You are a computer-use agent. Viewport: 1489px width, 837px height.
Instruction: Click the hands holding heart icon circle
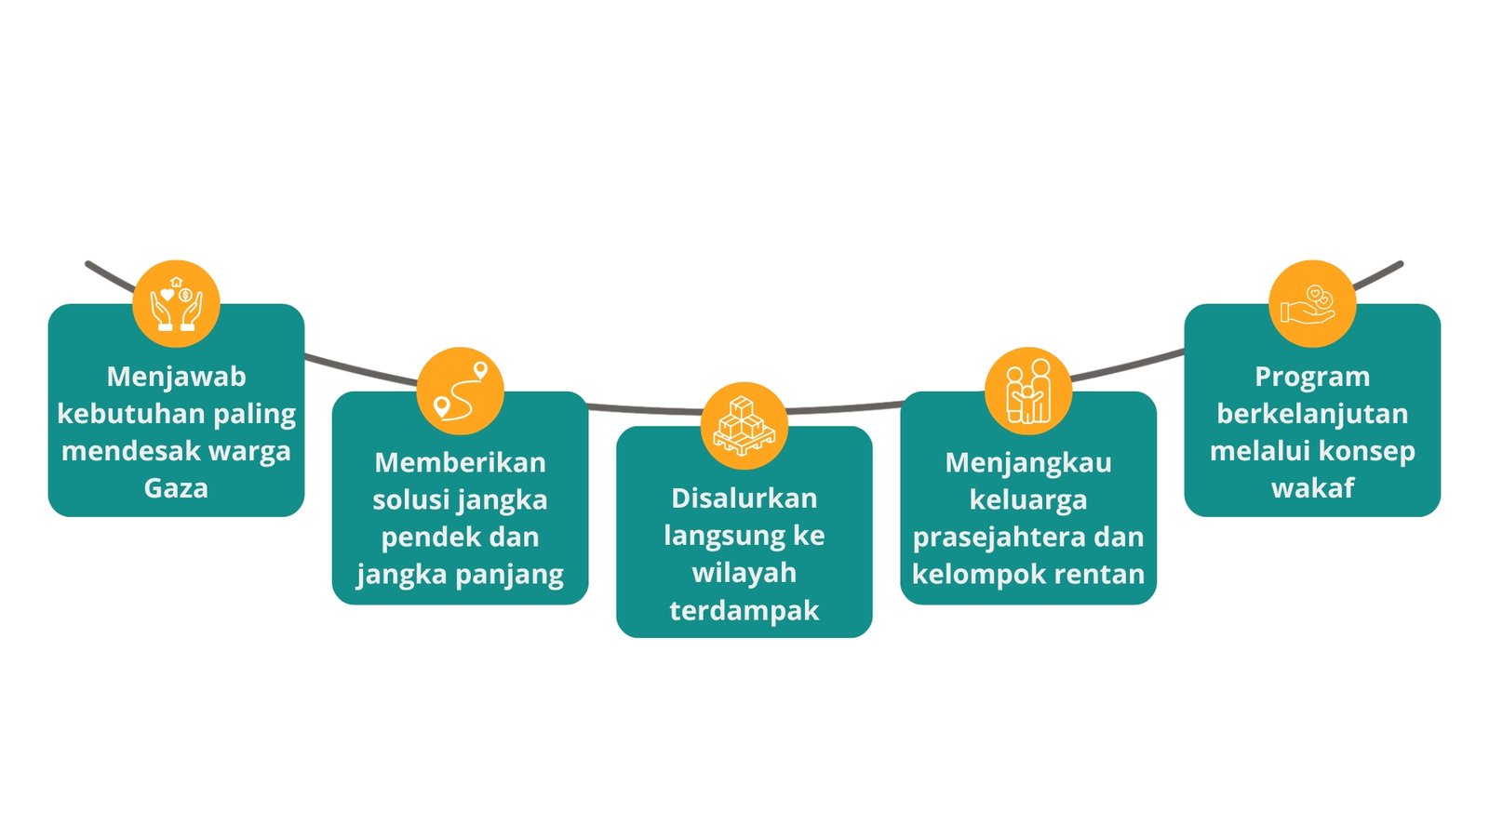(x=176, y=303)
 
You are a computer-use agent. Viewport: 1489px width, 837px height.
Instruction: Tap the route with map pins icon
(x=461, y=392)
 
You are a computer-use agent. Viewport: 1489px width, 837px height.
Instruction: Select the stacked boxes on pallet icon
(x=744, y=426)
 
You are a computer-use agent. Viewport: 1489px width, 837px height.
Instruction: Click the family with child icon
(x=1028, y=392)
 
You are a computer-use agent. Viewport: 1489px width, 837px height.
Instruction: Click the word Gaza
(x=176, y=489)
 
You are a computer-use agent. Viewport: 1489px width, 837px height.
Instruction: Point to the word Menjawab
(x=176, y=377)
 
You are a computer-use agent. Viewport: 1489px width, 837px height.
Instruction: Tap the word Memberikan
(x=460, y=462)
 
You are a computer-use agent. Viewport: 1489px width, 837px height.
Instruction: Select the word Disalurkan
(x=744, y=498)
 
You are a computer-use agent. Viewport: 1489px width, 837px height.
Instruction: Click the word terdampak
(x=744, y=611)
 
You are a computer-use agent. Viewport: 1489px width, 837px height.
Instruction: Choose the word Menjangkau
(x=1028, y=463)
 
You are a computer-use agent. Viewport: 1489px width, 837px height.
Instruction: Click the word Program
(x=1312, y=378)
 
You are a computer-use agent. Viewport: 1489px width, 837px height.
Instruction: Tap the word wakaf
(x=1312, y=488)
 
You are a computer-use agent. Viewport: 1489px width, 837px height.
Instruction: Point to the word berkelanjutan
(x=1312, y=415)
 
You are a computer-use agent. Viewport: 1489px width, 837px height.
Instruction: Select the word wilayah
(x=744, y=573)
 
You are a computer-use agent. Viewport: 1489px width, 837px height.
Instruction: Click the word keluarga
(x=1028, y=500)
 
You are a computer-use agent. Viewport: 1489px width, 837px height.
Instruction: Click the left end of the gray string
(x=87, y=264)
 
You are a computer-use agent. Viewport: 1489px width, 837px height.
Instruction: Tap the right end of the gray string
(x=1401, y=264)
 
